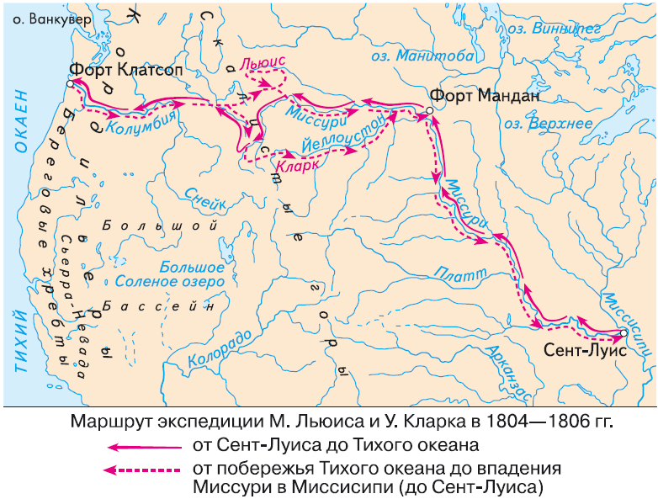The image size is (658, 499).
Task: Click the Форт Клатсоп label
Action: coord(114,71)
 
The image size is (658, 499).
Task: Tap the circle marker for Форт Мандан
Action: coord(429,110)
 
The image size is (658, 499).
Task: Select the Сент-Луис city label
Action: coord(585,352)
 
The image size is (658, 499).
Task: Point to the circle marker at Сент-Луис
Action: coord(624,332)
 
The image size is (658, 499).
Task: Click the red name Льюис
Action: coord(263,61)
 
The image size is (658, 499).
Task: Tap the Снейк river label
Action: coord(204,202)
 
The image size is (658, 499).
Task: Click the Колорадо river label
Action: coord(220,348)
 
